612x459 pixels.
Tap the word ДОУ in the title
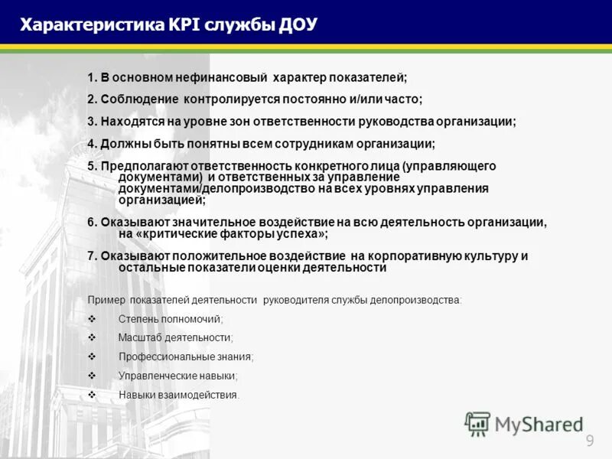point(294,24)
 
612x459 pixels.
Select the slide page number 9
point(590,440)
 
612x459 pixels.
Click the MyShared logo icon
point(477,423)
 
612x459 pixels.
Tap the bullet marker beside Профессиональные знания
point(92,356)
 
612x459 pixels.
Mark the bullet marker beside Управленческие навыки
point(92,376)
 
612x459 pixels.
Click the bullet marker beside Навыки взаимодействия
point(92,395)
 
